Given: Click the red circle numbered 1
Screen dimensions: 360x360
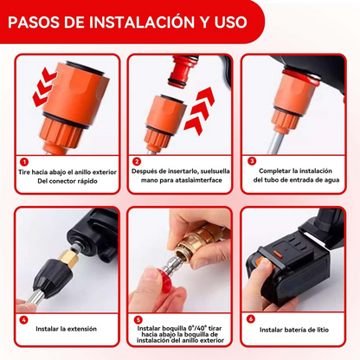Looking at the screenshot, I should pyautogui.click(x=24, y=161).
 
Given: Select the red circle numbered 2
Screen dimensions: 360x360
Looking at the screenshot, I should pyautogui.click(x=138, y=161).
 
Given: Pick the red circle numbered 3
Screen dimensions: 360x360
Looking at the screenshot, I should pyautogui.click(x=252, y=161).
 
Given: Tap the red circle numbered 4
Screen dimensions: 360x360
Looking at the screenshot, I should pyautogui.click(x=24, y=318).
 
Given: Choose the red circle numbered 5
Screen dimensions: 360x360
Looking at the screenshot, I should pyautogui.click(x=138, y=318).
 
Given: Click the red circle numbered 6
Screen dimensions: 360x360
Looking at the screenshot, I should pyautogui.click(x=252, y=318).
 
